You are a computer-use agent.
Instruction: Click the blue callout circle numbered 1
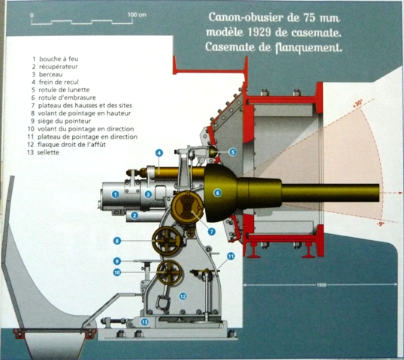tap(115, 194)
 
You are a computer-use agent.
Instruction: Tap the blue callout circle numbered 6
tap(218, 193)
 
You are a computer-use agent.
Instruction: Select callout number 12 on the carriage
tap(182, 296)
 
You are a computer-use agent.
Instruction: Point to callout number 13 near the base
tap(144, 322)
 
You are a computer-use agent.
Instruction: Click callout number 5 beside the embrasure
tap(232, 152)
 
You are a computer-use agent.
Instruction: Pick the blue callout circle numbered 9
tap(117, 262)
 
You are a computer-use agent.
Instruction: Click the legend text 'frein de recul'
tap(59, 82)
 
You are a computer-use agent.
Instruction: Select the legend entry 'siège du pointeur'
tap(65, 121)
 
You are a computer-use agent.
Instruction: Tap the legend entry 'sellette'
tap(48, 152)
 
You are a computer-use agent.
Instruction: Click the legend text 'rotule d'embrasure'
tap(68, 97)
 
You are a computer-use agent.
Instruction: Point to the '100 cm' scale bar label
tap(137, 15)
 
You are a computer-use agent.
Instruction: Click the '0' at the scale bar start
tap(32, 16)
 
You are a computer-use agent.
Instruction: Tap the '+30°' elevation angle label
tap(358, 103)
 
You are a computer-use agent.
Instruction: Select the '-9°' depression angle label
tap(380, 223)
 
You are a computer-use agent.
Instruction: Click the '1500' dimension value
tap(321, 285)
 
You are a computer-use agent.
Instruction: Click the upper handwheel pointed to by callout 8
tap(167, 240)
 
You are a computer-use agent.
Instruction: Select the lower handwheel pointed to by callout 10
tap(169, 272)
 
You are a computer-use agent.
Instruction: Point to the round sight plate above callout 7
tap(187, 206)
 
